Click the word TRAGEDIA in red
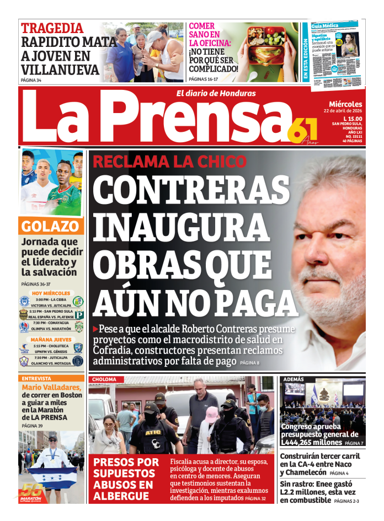(52, 28)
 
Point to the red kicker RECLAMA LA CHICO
(169, 162)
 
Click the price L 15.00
(353, 119)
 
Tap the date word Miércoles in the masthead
(345, 104)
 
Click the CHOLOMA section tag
(104, 379)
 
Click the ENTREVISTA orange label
(36, 379)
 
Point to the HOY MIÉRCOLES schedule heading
(51, 293)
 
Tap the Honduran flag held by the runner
(52, 477)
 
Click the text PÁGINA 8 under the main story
(249, 362)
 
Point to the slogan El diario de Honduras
(216, 93)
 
